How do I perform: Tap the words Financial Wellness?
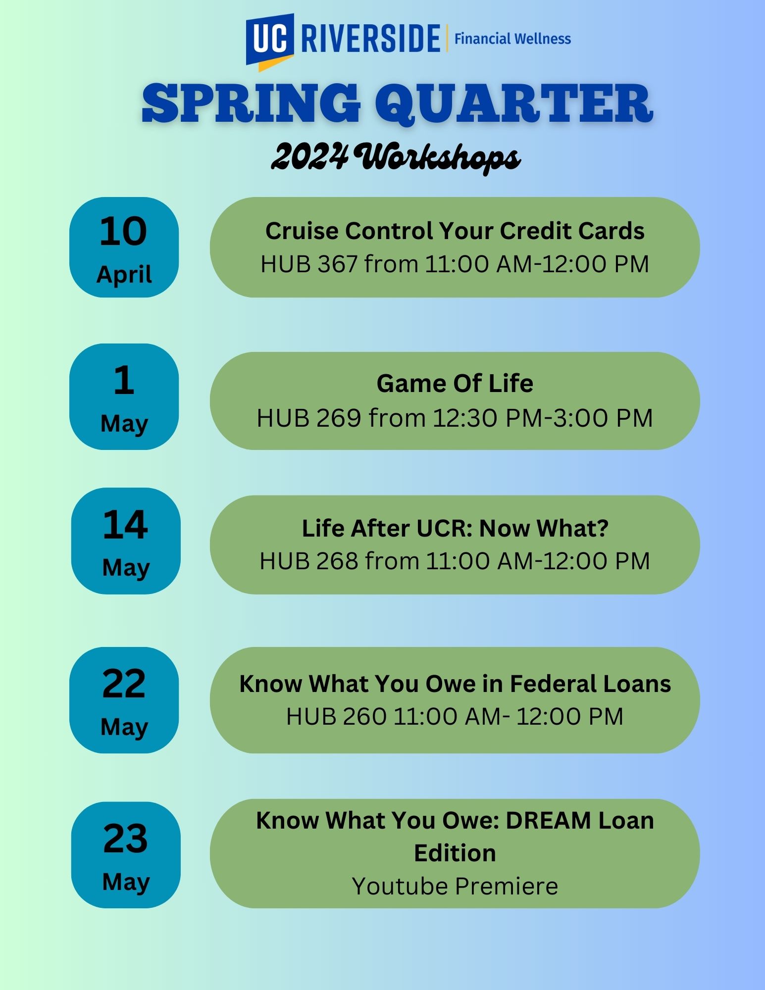[x=512, y=39]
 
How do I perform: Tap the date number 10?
[x=123, y=231]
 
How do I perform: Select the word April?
[x=124, y=275]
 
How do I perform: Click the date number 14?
[x=125, y=525]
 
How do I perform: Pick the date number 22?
[x=124, y=684]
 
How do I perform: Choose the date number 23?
[x=125, y=839]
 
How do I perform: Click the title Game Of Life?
[x=455, y=384]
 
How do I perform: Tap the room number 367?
[x=337, y=264]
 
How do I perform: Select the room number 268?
[x=337, y=561]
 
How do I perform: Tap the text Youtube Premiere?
[x=455, y=886]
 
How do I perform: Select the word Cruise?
[x=302, y=231]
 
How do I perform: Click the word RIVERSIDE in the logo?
[x=370, y=39]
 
